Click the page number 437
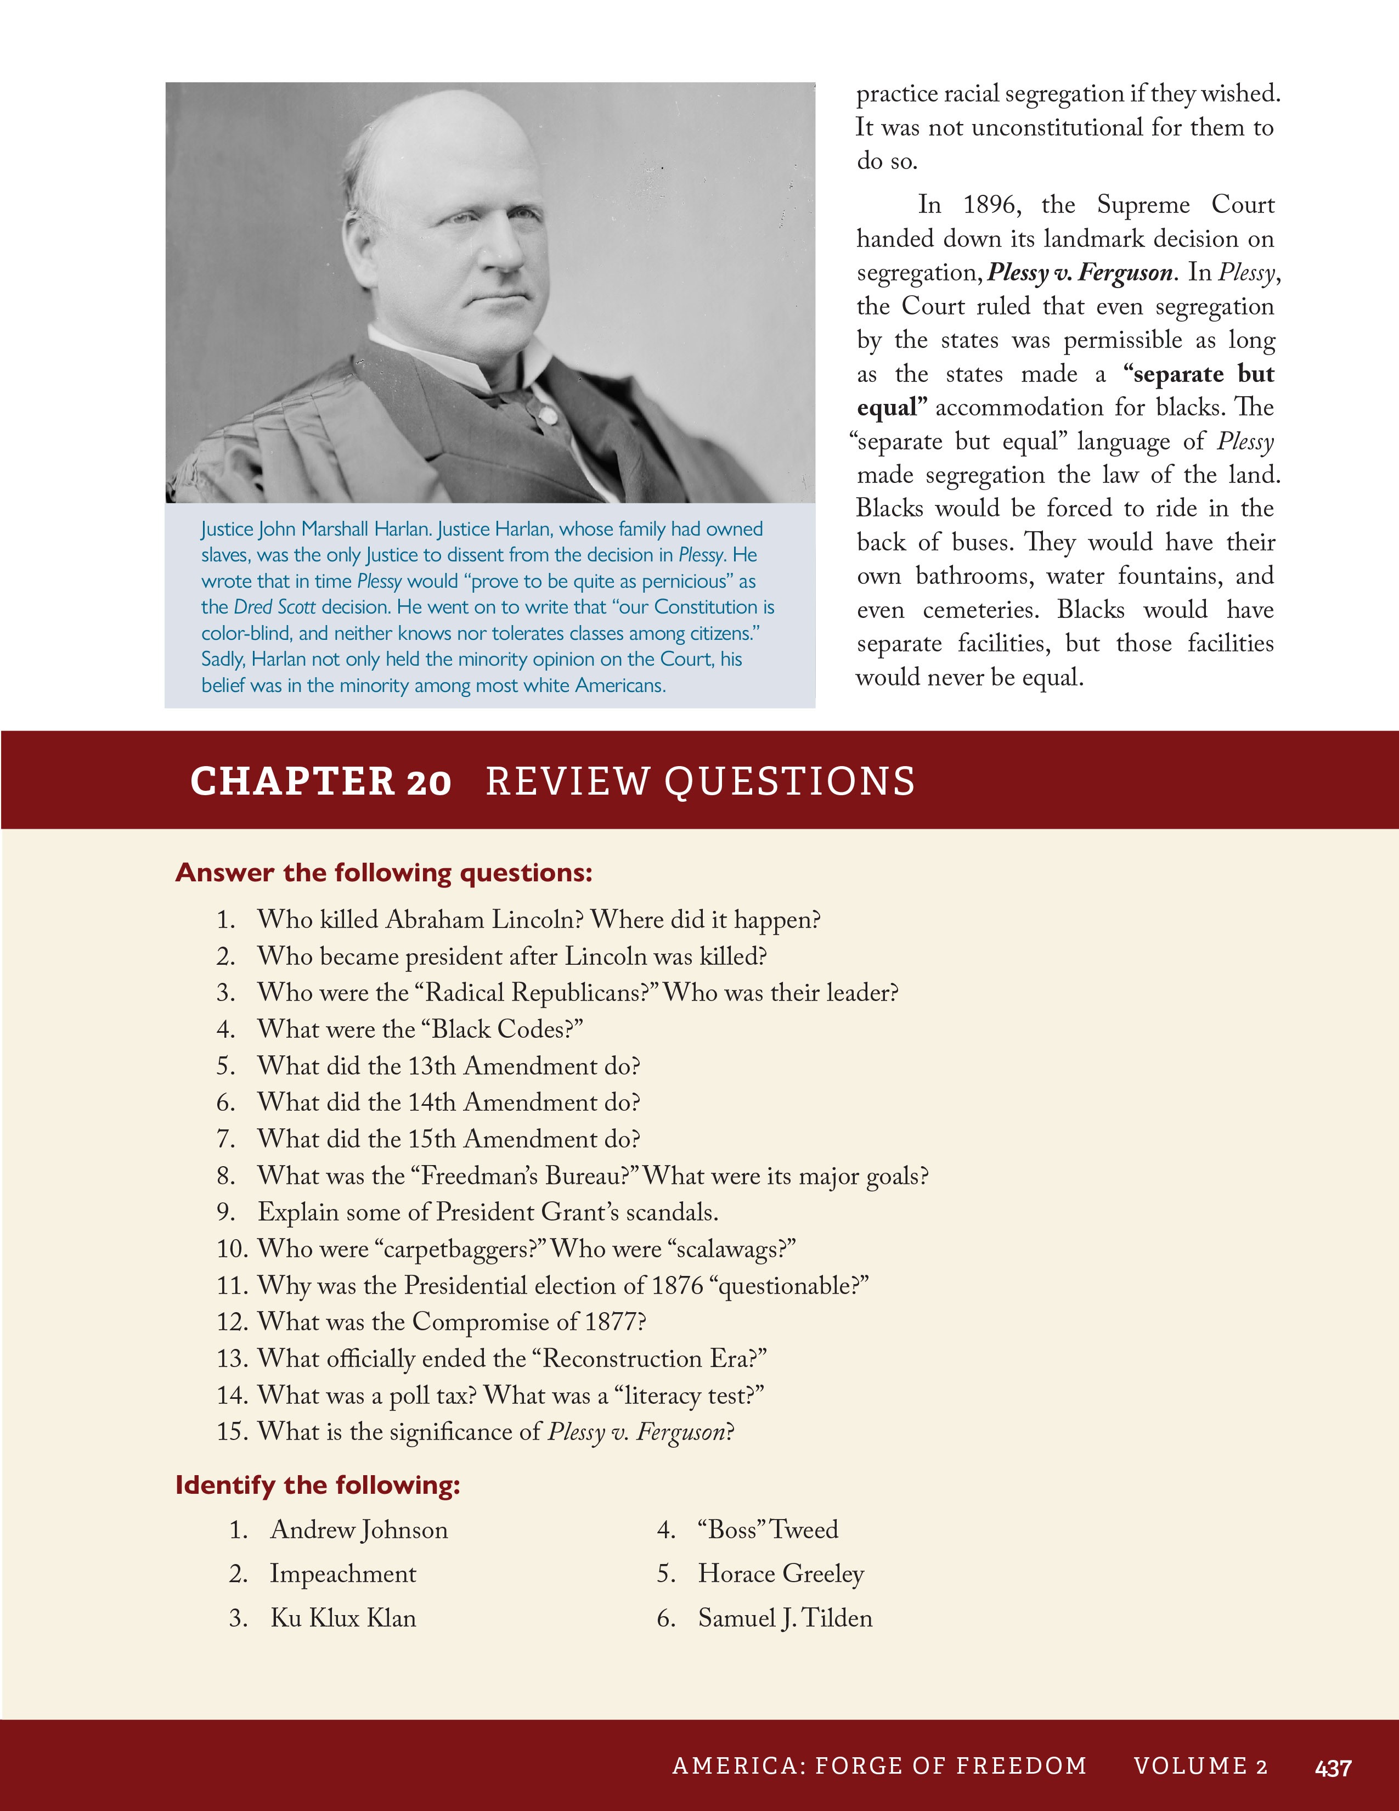pyautogui.click(x=1333, y=1768)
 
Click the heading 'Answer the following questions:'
pyautogui.click(x=383, y=873)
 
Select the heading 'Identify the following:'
pyautogui.click(x=318, y=1484)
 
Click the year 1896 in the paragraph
pyautogui.click(x=992, y=205)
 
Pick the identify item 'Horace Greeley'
pyautogui.click(x=781, y=1573)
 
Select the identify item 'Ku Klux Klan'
pyautogui.click(x=343, y=1618)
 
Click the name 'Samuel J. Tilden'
pyautogui.click(x=785, y=1618)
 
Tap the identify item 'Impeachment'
pyautogui.click(x=343, y=1573)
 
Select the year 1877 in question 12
pyautogui.click(x=614, y=1322)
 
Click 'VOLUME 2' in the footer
pyautogui.click(x=1200, y=1766)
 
